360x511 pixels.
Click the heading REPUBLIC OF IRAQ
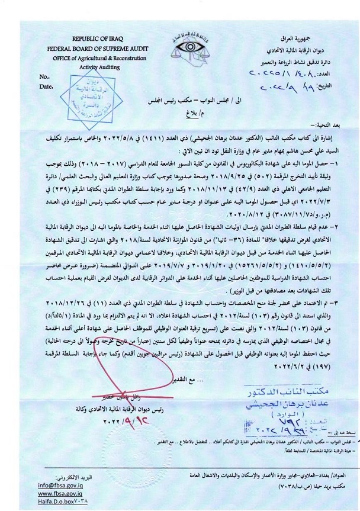98,38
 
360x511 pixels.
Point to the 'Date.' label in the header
44,86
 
